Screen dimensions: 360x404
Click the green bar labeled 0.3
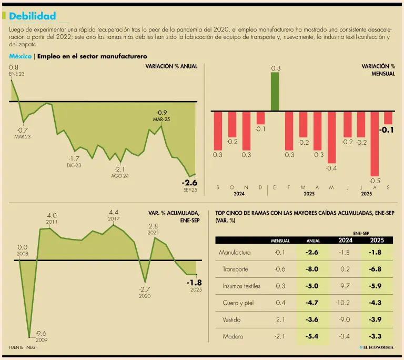pyautogui.click(x=275, y=91)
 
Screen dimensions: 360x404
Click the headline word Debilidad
pyautogui.click(x=32, y=17)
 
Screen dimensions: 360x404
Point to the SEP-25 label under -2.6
pyautogui.click(x=190, y=190)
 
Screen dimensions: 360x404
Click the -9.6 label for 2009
pyautogui.click(x=41, y=333)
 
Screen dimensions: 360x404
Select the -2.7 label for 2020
pyautogui.click(x=145, y=289)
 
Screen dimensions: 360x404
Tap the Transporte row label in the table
pyautogui.click(x=235, y=269)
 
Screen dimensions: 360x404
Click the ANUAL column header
pyautogui.click(x=313, y=241)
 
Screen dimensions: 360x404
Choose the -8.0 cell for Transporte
pyautogui.click(x=312, y=269)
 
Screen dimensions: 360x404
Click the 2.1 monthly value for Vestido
pyautogui.click(x=280, y=320)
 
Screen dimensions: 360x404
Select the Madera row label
pyautogui.click(x=233, y=337)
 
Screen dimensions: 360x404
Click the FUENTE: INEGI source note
pyautogui.click(x=23, y=348)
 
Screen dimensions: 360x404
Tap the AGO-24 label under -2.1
pyautogui.click(x=120, y=176)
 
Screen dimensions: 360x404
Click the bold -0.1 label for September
pyautogui.click(x=387, y=130)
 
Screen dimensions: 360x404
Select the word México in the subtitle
pyautogui.click(x=20, y=56)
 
